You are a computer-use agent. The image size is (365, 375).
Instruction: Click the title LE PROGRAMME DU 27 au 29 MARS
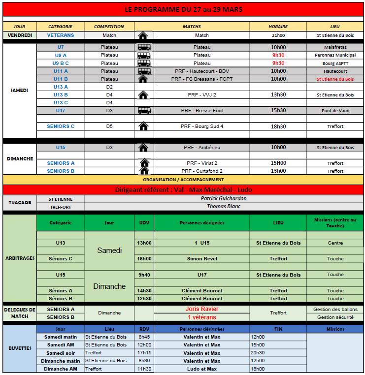(x=183, y=9)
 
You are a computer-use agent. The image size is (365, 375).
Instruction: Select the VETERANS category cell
(x=61, y=35)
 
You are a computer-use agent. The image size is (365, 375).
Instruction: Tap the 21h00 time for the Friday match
(x=278, y=35)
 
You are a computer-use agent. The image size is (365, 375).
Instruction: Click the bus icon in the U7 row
(x=143, y=47)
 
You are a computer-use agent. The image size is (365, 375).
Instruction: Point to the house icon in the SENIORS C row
(x=143, y=126)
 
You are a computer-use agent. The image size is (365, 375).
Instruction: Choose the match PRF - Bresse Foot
(x=202, y=111)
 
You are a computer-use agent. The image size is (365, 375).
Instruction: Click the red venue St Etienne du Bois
(x=335, y=79)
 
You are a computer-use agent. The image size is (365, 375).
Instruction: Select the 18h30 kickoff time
(x=278, y=126)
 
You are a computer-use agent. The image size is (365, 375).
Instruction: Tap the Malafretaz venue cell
(x=335, y=47)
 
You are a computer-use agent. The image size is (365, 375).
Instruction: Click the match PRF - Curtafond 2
(x=202, y=171)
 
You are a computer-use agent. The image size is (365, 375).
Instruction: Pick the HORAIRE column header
(x=278, y=26)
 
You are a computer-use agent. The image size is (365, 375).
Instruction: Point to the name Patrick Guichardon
(x=224, y=199)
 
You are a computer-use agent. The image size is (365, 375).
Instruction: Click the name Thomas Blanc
(x=224, y=207)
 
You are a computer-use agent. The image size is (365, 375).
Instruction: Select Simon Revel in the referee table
(x=202, y=258)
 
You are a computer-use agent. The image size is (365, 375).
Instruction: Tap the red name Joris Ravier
(x=202, y=309)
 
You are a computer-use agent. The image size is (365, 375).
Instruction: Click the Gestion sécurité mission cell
(x=335, y=317)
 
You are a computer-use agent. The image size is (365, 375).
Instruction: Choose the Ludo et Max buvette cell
(x=202, y=369)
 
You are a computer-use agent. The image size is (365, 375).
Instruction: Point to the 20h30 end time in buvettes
(x=258, y=353)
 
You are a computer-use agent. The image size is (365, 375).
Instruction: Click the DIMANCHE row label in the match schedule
(x=20, y=159)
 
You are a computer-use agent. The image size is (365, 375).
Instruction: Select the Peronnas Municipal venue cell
(x=335, y=55)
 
